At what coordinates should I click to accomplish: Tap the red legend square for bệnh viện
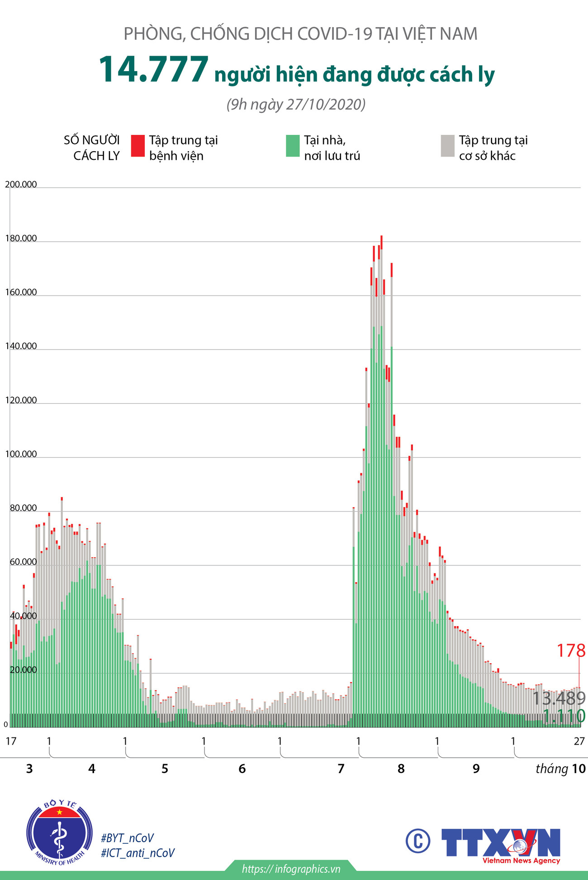coord(138,146)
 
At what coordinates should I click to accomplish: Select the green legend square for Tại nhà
coord(293,146)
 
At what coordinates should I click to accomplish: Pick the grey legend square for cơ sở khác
coord(447,146)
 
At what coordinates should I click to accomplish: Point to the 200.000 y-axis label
coord(21,184)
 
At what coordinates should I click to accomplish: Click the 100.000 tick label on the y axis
coord(21,454)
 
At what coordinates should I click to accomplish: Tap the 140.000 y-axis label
coord(21,346)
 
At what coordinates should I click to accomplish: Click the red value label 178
coord(571,650)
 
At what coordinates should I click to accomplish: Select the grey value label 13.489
coord(559,698)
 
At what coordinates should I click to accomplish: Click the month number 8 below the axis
coord(401,769)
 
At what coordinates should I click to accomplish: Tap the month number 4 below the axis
coord(92,769)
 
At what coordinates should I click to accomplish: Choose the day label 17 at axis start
coord(11,741)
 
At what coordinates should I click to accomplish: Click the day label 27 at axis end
coord(579,741)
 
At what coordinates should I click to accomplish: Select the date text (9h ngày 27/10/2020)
coord(296,105)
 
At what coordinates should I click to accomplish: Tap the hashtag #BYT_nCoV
coord(128,838)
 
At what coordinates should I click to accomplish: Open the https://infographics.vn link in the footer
coord(291,869)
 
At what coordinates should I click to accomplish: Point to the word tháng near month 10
coord(552,769)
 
